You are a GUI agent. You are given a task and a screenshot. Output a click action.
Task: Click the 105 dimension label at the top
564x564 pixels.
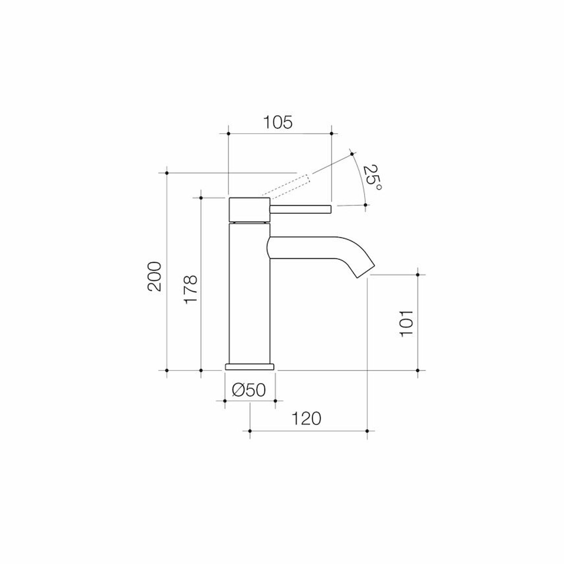tap(278, 122)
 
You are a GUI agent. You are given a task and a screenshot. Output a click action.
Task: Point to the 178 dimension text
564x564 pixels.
tap(190, 289)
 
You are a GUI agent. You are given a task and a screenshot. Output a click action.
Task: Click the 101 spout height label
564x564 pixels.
tap(406, 323)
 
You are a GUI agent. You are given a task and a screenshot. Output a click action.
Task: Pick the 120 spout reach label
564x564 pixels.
tap(306, 419)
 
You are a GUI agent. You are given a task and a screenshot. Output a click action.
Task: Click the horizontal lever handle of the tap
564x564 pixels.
tap(300, 209)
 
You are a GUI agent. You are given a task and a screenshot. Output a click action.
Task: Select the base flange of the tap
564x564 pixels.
tap(249, 367)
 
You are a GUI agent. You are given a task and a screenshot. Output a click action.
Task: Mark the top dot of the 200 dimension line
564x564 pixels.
tap(167, 173)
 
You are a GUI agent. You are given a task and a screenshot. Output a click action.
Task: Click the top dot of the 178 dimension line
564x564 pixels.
tap(201, 198)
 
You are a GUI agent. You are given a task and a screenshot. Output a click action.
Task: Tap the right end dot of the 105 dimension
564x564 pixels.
tap(331, 134)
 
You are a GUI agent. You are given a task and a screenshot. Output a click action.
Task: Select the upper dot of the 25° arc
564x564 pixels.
tap(352, 154)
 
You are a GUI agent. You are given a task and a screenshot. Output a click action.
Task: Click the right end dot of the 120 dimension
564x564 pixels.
tap(367, 431)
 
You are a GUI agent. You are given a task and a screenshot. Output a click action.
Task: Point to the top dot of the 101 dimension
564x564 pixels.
tap(418, 275)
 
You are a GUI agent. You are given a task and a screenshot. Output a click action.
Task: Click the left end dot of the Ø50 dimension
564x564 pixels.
tap(224, 401)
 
